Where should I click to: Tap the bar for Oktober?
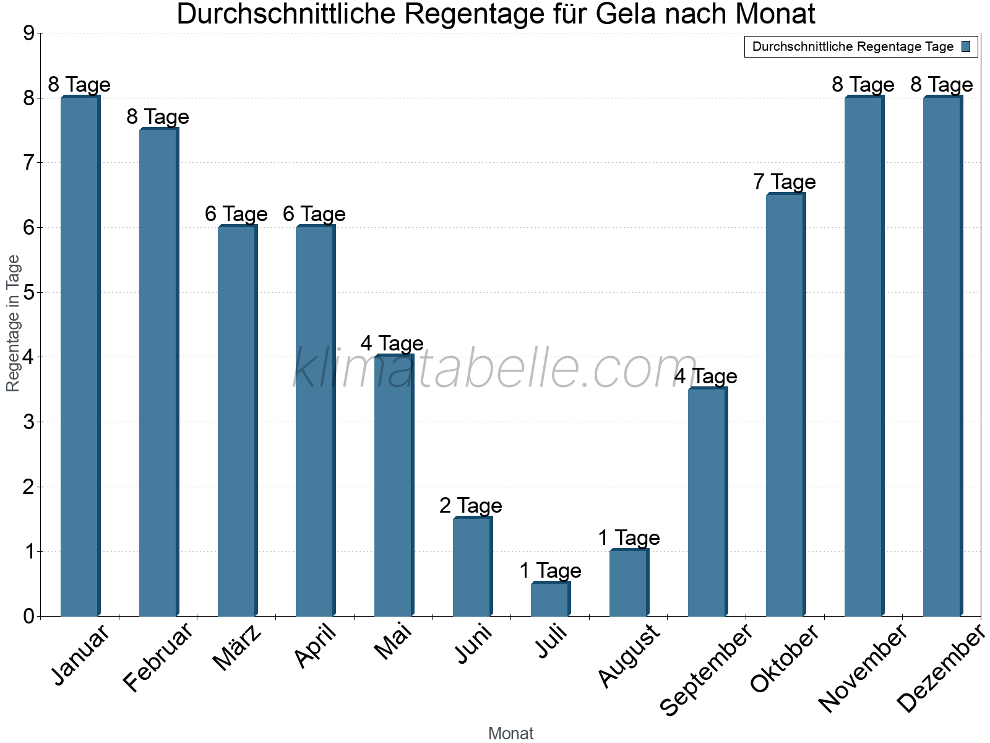tap(785, 405)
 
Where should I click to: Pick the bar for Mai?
tap(394, 485)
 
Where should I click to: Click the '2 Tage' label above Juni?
tap(471, 506)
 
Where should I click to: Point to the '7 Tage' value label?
tap(785, 182)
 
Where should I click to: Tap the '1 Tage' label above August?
tap(629, 538)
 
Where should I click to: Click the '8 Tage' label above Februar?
tap(158, 117)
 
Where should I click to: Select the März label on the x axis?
tap(237, 648)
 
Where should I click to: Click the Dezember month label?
tap(940, 669)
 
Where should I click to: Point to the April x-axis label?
tap(316, 646)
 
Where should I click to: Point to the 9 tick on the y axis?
tap(28, 33)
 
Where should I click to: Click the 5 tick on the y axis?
tap(28, 292)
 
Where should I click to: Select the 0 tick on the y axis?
tap(28, 616)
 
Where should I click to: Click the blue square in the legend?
tap(966, 46)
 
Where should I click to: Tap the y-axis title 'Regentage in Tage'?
tap(14, 323)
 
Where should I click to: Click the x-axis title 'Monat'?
tap(510, 733)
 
